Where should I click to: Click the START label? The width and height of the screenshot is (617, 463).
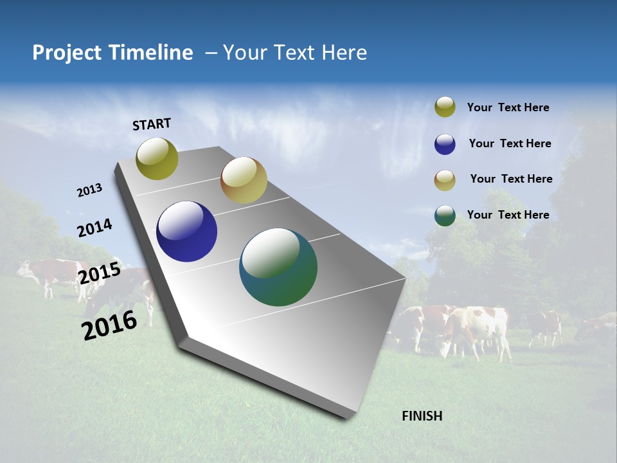click(x=152, y=124)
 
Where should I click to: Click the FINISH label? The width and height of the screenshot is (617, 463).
click(x=422, y=416)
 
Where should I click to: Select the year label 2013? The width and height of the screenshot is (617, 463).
click(x=89, y=190)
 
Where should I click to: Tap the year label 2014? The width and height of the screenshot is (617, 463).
click(x=94, y=228)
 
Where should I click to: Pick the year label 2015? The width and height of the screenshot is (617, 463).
click(x=100, y=273)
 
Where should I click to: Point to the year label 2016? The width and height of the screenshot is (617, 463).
click(x=109, y=325)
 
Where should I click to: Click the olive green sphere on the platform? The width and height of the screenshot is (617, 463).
click(x=157, y=159)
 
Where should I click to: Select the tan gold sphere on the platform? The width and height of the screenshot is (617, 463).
click(x=244, y=180)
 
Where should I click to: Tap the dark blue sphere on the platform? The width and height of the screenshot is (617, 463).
click(x=186, y=232)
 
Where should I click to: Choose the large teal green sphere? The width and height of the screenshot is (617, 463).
click(x=278, y=267)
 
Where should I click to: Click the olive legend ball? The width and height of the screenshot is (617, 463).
click(x=445, y=107)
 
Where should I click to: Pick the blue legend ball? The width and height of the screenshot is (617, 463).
click(x=445, y=144)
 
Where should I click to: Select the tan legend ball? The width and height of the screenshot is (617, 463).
click(x=445, y=180)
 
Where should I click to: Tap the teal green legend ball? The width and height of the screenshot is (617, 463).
click(x=445, y=215)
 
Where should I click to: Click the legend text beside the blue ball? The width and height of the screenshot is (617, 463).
click(x=510, y=143)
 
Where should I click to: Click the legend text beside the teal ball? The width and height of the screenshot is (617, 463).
click(x=508, y=215)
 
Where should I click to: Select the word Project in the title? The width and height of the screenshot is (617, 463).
click(x=66, y=53)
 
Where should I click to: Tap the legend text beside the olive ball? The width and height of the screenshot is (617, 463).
click(x=508, y=107)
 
